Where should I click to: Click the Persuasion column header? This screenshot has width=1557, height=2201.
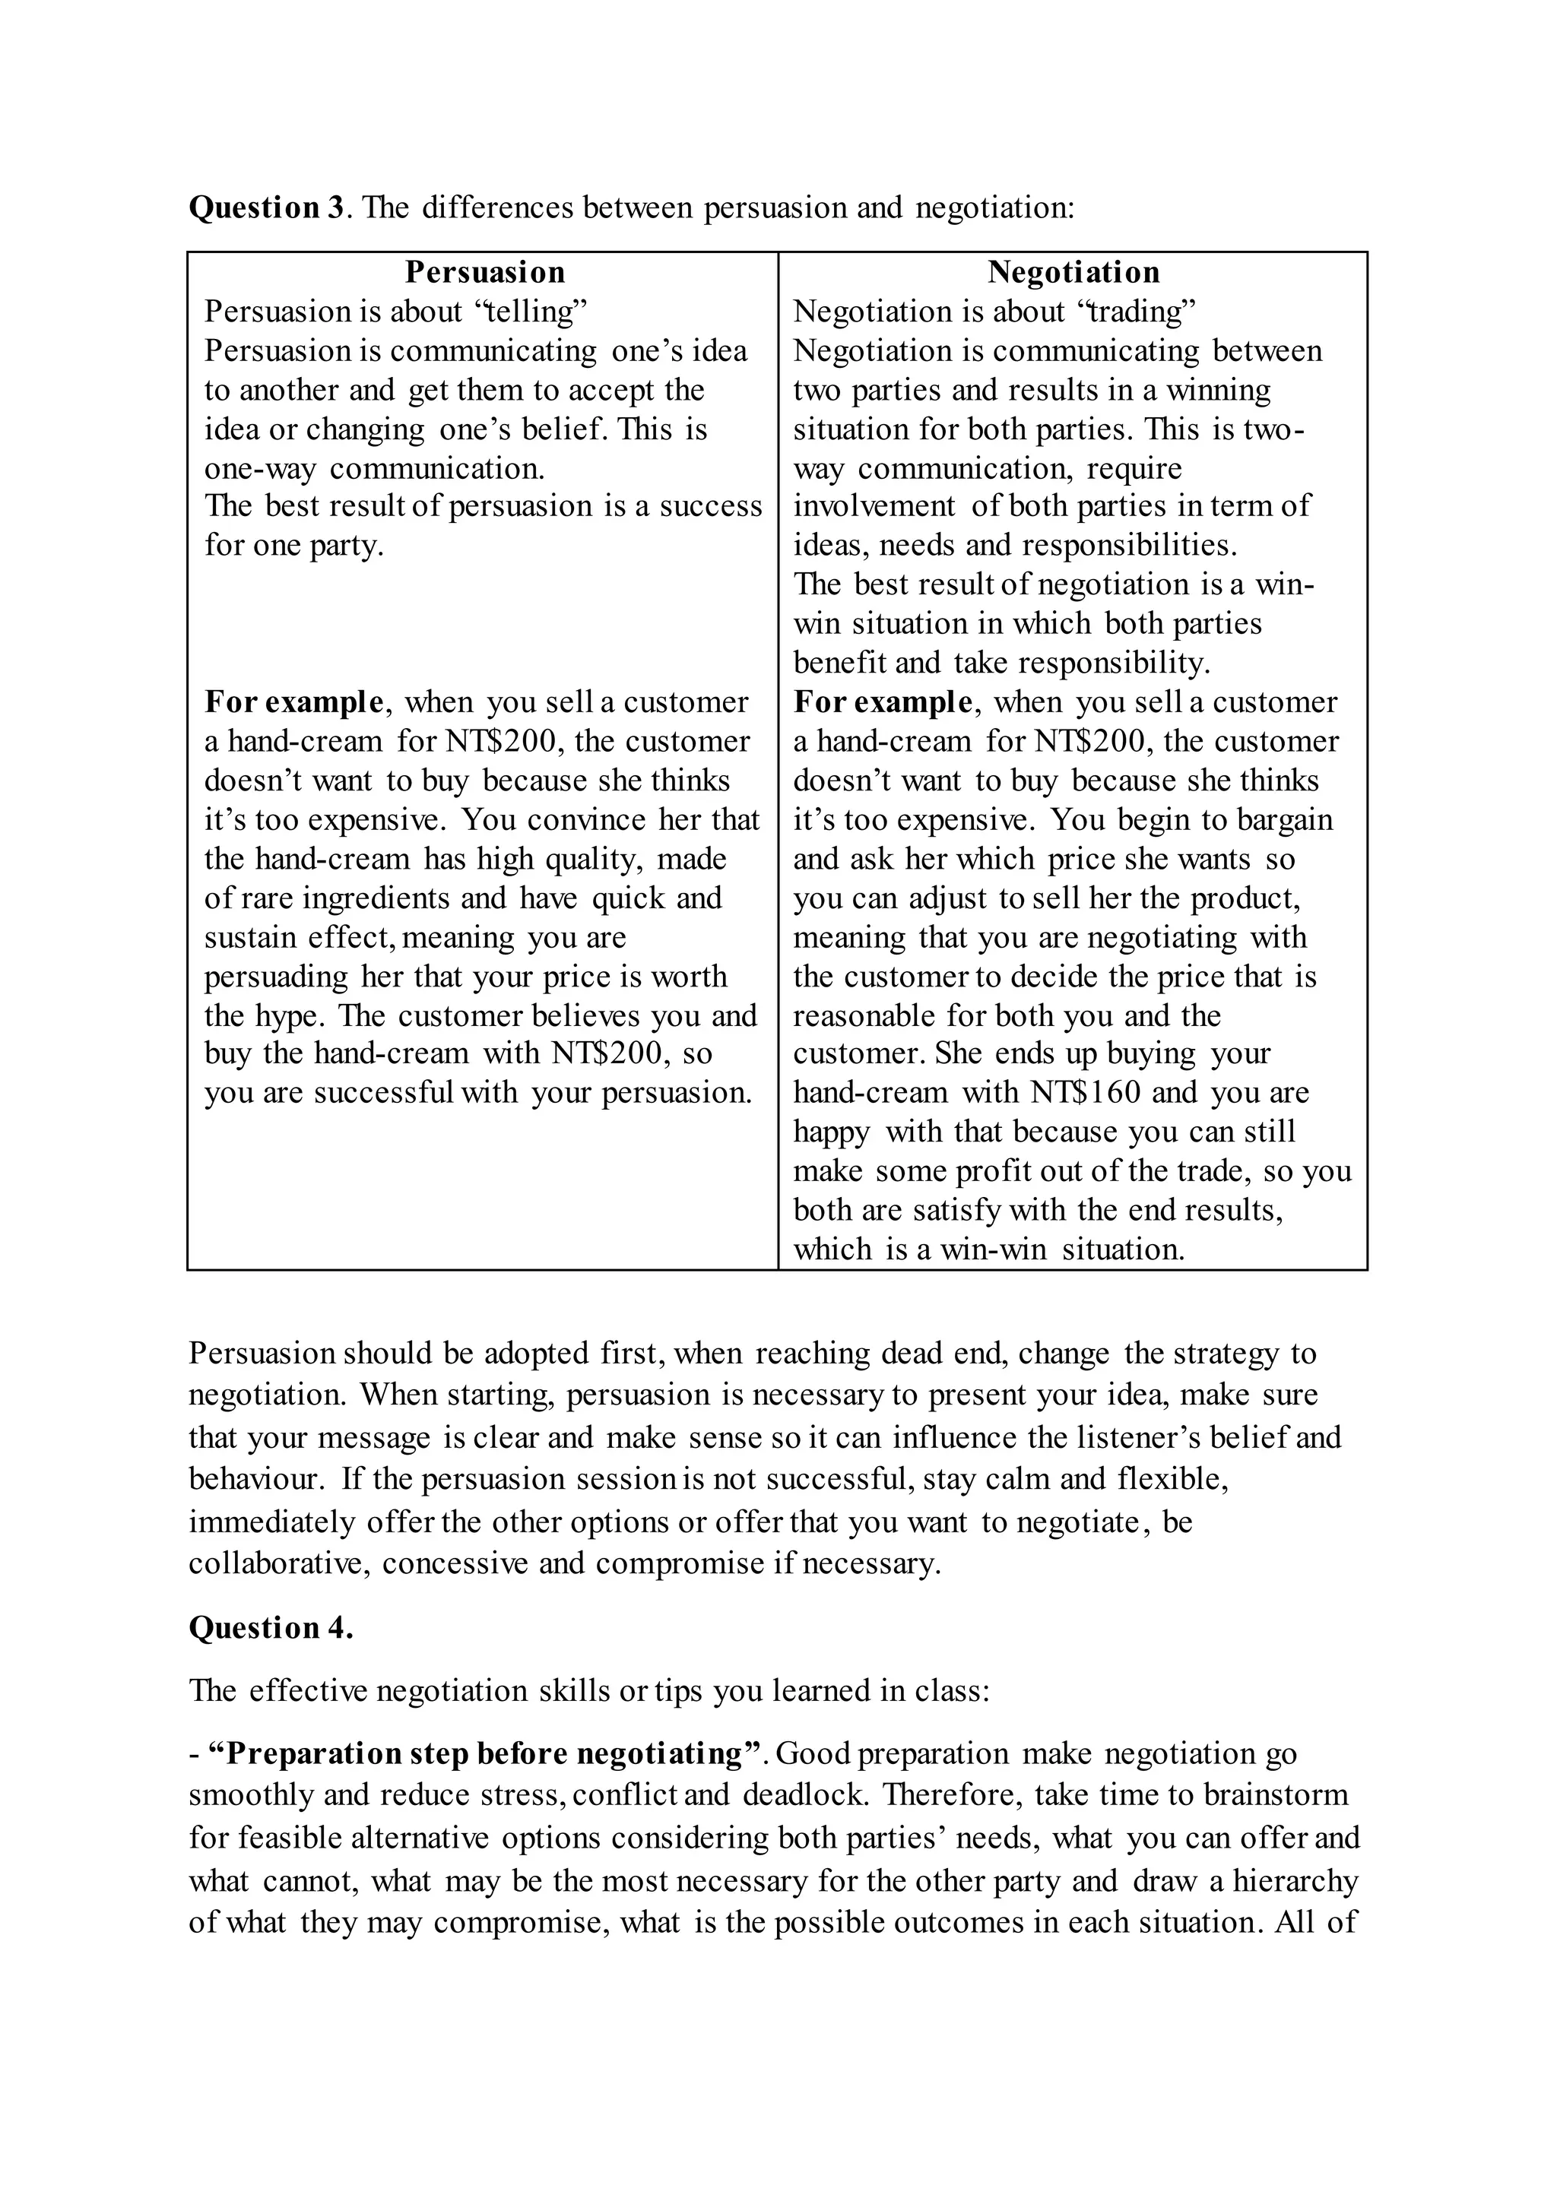pyautogui.click(x=484, y=272)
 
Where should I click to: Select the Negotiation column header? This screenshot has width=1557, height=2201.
pyautogui.click(x=1073, y=272)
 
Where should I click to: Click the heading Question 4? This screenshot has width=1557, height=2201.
pyautogui.click(x=271, y=1628)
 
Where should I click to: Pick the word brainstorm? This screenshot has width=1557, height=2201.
pyautogui.click(x=1281, y=1794)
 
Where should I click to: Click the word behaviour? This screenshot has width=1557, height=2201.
pyautogui.click(x=253, y=1479)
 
